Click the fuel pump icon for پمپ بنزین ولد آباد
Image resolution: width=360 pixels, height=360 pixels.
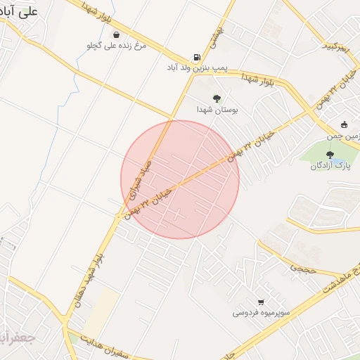click(195, 58)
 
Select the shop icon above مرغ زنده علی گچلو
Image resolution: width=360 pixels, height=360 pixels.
click(115, 34)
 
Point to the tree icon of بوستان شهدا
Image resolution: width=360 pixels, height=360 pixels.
click(216, 99)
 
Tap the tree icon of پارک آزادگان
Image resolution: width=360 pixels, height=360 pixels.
click(330, 154)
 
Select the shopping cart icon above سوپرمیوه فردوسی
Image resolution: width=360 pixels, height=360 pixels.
click(261, 302)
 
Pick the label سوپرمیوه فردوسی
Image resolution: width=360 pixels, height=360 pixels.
click(255, 312)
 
